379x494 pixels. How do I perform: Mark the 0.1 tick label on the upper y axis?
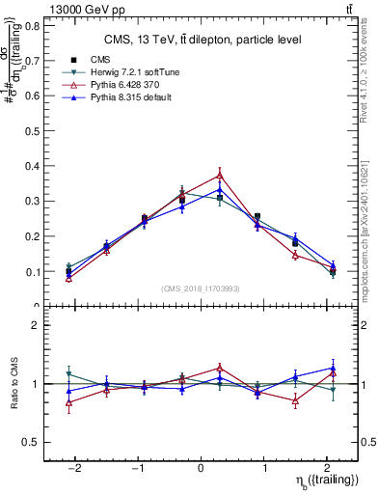pyautogui.click(x=33, y=271)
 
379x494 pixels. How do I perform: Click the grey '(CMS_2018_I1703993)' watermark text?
pyautogui.click(x=201, y=289)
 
